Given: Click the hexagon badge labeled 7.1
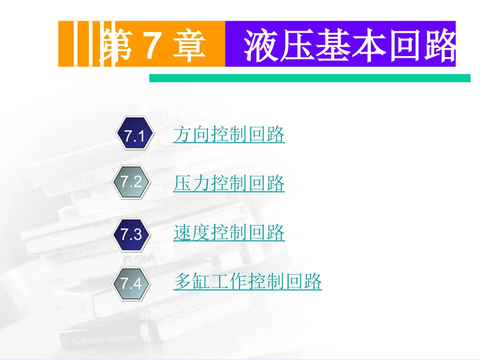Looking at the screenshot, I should point(134,135).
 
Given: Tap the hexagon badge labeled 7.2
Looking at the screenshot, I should point(132,182).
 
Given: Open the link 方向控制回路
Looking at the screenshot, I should point(229,135).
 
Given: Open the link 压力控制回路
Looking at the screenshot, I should point(229,183).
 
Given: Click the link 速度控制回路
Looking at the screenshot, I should point(229,233).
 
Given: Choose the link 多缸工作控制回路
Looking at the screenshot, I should point(248,281).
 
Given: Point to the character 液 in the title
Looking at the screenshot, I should point(260,45).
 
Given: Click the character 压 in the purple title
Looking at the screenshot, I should point(300,45).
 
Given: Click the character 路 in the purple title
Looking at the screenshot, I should point(440,45).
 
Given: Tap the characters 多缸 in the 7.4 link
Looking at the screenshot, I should point(192,281).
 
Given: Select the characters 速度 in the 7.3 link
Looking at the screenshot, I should point(192,233).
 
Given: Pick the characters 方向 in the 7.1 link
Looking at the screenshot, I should point(192,135).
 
